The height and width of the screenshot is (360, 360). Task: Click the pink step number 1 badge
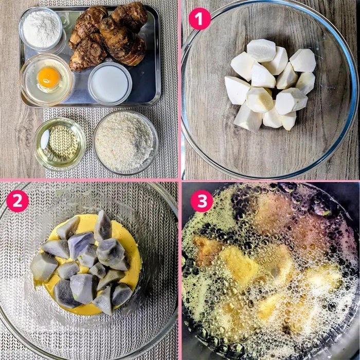tap(200, 19)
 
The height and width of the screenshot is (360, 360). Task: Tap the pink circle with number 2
tap(17, 201)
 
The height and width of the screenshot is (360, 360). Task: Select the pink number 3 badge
tap(202, 201)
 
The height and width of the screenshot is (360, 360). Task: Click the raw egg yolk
tap(48, 77)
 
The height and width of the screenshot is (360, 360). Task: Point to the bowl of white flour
tap(41, 29)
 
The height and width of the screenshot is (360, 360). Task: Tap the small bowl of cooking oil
tap(60, 144)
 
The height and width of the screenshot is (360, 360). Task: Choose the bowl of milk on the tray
tap(110, 83)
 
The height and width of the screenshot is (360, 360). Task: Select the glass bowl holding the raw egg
tap(47, 79)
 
